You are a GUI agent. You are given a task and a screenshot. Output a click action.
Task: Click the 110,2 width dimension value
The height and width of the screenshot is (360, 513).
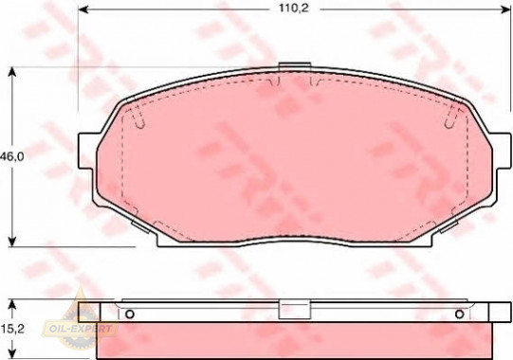[293, 9]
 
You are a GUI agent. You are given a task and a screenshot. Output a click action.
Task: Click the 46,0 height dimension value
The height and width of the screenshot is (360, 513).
[12, 157]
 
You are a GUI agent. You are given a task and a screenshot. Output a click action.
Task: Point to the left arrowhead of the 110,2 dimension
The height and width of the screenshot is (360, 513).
[83, 9]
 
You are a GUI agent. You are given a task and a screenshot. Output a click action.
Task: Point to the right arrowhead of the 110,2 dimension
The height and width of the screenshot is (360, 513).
[505, 9]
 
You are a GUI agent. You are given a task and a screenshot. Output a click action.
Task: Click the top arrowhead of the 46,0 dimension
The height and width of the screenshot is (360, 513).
[12, 72]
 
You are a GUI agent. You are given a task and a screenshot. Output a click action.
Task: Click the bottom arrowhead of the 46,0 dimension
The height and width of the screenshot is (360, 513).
[12, 242]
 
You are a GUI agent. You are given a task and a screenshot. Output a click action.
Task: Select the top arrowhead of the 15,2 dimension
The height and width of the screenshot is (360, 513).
[12, 305]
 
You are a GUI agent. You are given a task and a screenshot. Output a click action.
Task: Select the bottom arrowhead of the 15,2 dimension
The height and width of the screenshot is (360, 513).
[12, 353]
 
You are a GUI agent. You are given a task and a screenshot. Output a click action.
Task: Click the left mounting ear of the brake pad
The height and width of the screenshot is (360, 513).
[87, 151]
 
